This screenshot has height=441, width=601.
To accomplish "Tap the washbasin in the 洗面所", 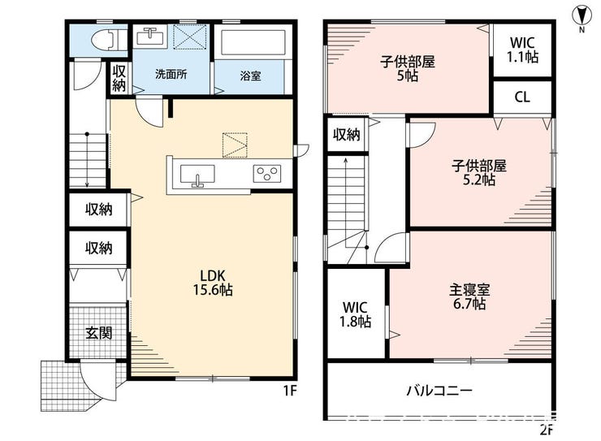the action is (x=151, y=37).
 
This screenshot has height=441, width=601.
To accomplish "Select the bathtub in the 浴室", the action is (x=253, y=42).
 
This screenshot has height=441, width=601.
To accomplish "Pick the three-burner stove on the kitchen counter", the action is (x=266, y=174).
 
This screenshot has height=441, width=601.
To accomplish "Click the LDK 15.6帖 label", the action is (x=213, y=283).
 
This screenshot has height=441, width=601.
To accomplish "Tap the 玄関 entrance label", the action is (x=99, y=332).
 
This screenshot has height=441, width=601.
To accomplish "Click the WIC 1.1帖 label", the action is (x=523, y=50).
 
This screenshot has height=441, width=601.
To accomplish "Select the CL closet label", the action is (x=522, y=97).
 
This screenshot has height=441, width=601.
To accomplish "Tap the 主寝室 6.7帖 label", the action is (x=469, y=296).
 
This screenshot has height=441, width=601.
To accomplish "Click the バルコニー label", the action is (x=439, y=391).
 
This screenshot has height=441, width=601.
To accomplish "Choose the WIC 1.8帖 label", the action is (x=355, y=314).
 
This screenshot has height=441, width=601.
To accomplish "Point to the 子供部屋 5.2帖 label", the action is (x=478, y=172).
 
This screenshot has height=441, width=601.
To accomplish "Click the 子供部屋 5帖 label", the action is (x=408, y=68).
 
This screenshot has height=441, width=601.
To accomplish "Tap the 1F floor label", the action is (x=290, y=391).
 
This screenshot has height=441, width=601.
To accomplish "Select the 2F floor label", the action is (x=547, y=430).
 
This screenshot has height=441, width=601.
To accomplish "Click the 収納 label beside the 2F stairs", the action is (x=347, y=135).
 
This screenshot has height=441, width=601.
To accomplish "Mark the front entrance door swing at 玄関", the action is (x=97, y=380).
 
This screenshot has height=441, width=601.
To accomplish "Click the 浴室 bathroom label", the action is (x=251, y=76).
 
